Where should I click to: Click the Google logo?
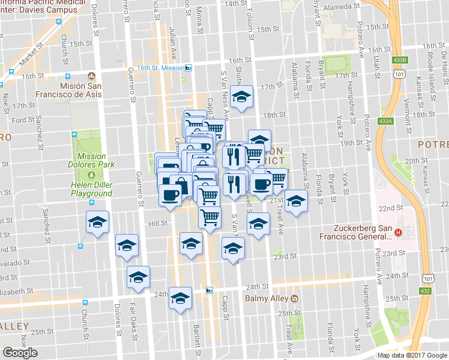tap(20, 353)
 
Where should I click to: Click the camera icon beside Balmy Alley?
tap(294, 299)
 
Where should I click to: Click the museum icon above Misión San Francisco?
tap(91, 76)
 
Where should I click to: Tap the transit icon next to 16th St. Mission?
tap(188, 68)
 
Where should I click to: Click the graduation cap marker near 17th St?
tap(241, 96)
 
